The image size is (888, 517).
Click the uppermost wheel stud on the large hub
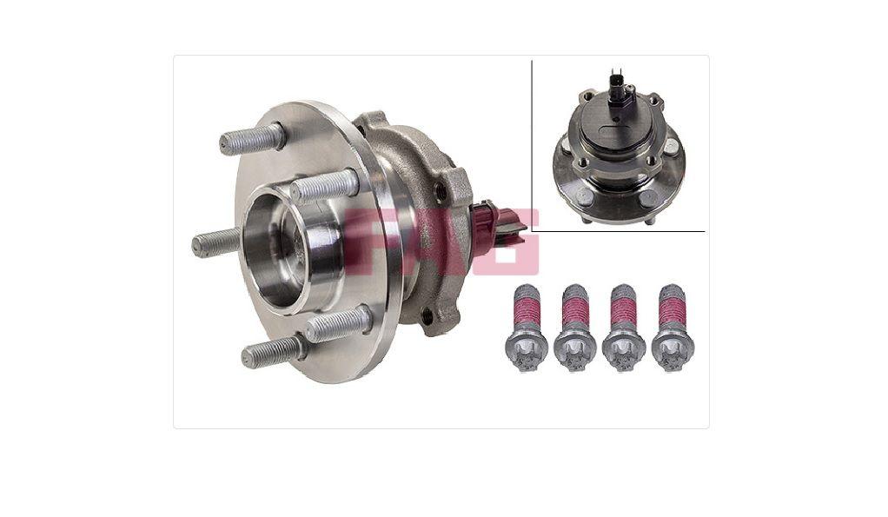(x=252, y=138)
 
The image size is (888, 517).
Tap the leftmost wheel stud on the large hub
(x=216, y=242)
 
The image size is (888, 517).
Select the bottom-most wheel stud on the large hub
(x=274, y=351)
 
